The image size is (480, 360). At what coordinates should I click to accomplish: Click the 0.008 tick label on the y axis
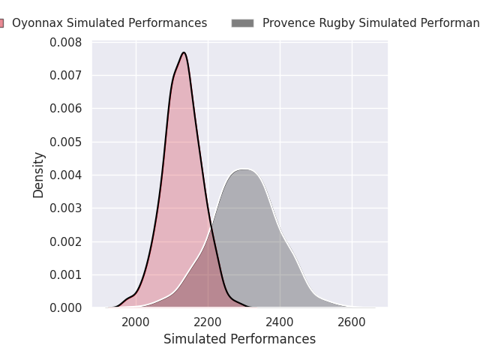(66, 42)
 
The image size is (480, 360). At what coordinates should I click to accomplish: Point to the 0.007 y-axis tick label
(66, 75)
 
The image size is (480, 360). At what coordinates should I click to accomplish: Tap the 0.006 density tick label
(66, 109)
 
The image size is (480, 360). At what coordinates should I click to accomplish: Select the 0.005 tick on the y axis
(66, 142)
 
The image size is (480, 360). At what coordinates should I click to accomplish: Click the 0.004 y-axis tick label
(66, 175)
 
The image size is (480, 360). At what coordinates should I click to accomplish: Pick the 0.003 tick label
(66, 208)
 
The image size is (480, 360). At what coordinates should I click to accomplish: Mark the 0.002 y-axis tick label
(66, 241)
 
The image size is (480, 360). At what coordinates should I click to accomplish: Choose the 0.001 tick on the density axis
(66, 274)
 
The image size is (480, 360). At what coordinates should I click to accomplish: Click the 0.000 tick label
(66, 307)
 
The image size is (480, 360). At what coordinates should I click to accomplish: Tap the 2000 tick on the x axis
(136, 322)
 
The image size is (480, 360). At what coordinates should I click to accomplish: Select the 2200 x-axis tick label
(208, 322)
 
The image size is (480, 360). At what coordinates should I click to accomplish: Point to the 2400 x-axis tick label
(280, 322)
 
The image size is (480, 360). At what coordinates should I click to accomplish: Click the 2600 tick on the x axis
(352, 322)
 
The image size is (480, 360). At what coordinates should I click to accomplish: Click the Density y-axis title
(39, 175)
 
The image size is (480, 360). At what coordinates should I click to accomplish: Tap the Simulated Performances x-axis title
(239, 339)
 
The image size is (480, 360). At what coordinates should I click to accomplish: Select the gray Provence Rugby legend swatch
(242, 23)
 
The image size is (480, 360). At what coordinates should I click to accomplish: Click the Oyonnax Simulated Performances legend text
(109, 23)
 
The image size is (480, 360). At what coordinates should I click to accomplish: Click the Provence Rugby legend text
(370, 23)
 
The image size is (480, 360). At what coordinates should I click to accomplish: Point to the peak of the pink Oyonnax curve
(184, 52)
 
